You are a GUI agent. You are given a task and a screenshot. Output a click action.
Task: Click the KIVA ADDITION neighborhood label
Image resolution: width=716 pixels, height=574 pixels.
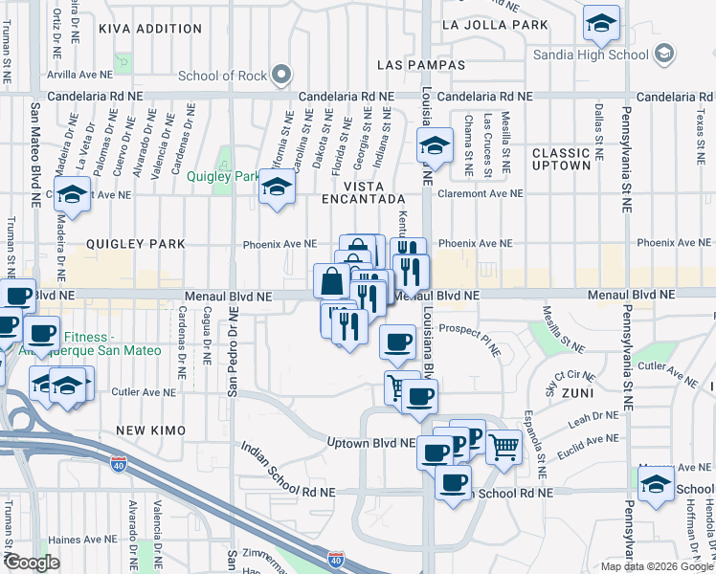click(x=149, y=30)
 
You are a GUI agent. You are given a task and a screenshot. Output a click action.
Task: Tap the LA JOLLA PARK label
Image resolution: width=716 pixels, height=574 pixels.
click(x=495, y=25)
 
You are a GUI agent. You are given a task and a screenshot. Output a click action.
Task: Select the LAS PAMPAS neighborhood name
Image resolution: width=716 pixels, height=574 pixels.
click(x=421, y=65)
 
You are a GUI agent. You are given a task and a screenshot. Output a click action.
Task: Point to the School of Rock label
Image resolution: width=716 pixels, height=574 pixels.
click(x=222, y=76)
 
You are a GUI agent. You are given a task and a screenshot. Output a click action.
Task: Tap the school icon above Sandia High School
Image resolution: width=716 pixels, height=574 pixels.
click(x=601, y=23)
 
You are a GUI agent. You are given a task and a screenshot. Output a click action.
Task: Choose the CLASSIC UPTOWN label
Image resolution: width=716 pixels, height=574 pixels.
click(x=561, y=159)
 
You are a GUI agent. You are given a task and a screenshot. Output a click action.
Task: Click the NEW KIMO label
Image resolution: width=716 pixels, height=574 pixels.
click(x=144, y=431)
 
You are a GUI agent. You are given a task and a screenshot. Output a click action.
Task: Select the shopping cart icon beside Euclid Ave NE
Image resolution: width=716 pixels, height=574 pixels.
click(x=503, y=446)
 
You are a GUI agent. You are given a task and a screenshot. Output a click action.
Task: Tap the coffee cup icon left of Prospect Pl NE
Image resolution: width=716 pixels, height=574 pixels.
click(x=397, y=341)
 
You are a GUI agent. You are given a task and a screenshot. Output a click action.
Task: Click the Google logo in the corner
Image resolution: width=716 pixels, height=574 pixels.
click(x=31, y=563)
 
